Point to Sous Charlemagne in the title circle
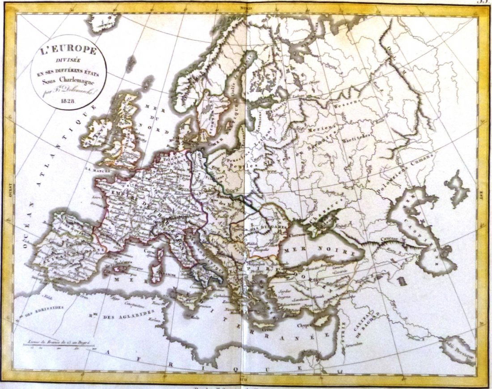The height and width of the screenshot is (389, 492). point(69,81)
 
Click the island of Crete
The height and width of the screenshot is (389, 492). point(267,324)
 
